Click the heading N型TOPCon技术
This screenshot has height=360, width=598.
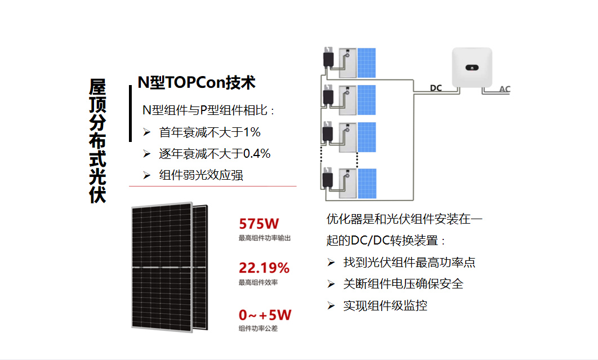click(x=197, y=82)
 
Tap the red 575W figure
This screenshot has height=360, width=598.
click(x=259, y=223)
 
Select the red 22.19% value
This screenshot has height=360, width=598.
click(x=264, y=268)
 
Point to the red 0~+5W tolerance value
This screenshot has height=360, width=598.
click(x=265, y=315)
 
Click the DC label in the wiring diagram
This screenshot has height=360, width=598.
click(x=436, y=88)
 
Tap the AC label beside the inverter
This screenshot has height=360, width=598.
click(x=505, y=89)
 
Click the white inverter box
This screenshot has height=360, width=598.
click(x=472, y=68)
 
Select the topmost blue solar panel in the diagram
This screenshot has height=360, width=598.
click(x=367, y=63)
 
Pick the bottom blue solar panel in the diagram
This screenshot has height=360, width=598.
click(x=367, y=184)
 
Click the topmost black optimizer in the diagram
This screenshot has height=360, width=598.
click(x=328, y=57)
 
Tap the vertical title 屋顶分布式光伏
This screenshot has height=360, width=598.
click(x=97, y=141)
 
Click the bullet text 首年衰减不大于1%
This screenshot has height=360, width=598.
click(x=210, y=132)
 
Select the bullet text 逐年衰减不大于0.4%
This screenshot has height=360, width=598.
click(x=215, y=154)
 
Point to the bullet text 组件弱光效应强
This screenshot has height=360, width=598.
click(x=201, y=175)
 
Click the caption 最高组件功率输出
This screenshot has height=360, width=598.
click(x=265, y=238)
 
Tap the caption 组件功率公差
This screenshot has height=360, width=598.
click(x=258, y=328)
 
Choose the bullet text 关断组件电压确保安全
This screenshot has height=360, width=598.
click(x=403, y=283)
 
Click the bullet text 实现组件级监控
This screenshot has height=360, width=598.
click(x=385, y=305)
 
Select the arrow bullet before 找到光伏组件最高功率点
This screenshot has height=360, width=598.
click(x=331, y=263)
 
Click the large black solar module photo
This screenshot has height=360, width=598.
click(x=169, y=267)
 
